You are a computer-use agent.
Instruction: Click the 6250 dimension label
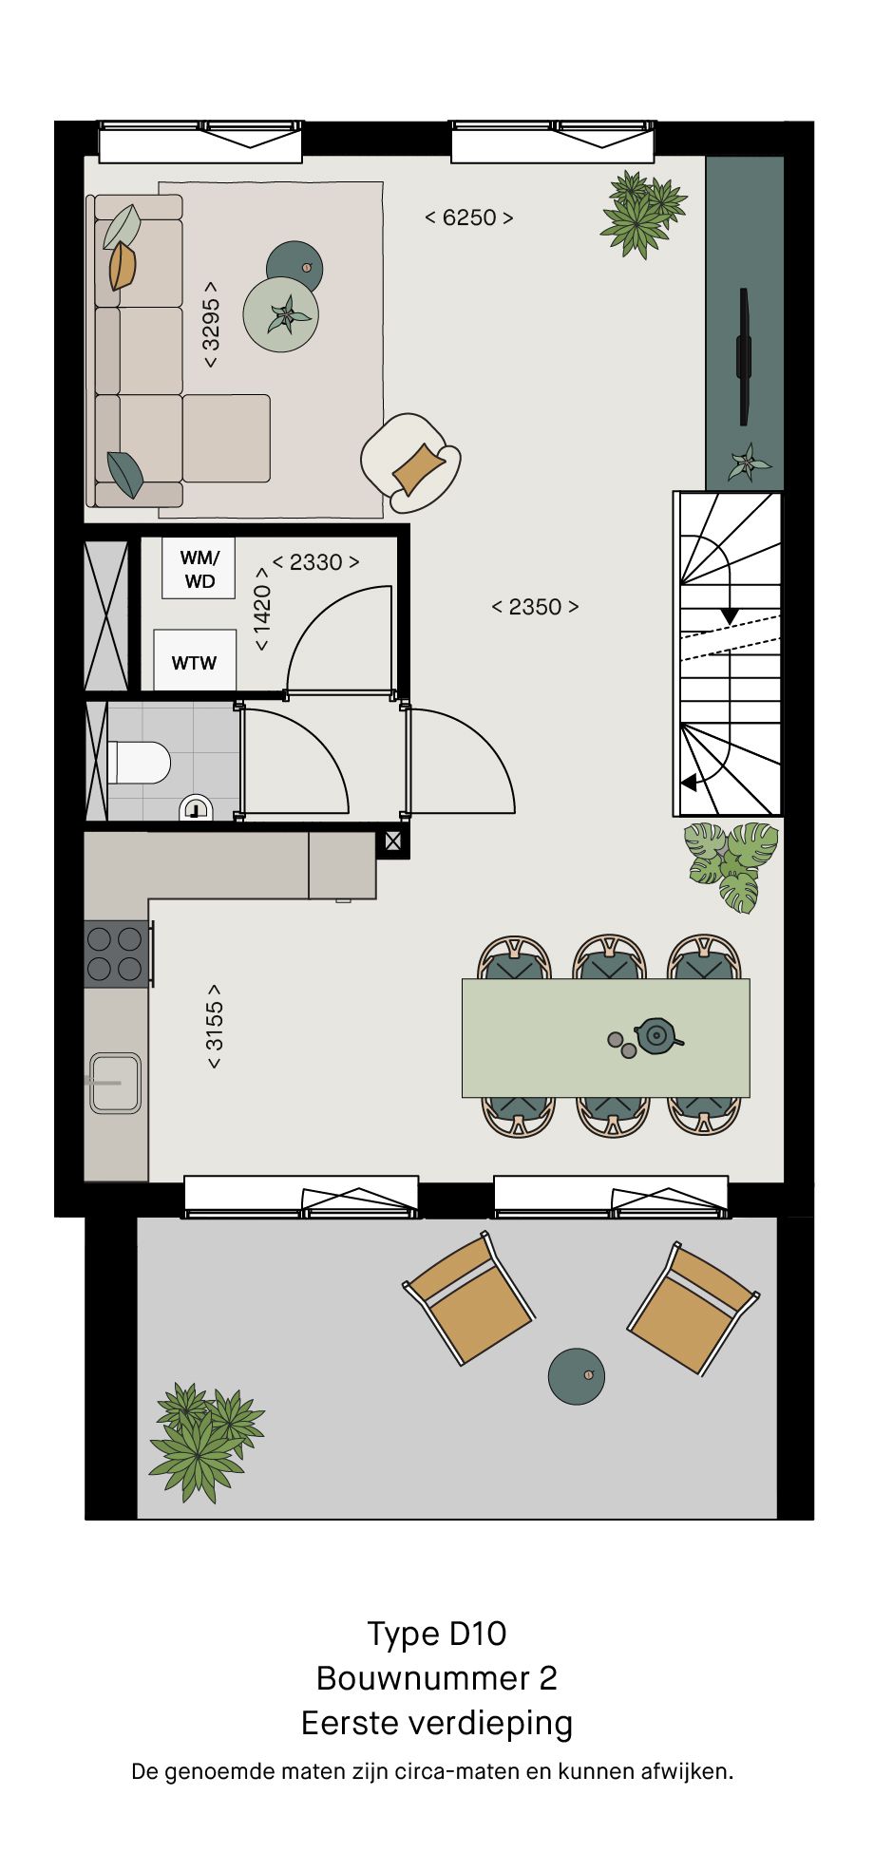pyautogui.click(x=469, y=217)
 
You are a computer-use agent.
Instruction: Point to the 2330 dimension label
pyautogui.click(x=316, y=562)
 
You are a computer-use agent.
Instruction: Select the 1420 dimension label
pyautogui.click(x=262, y=610)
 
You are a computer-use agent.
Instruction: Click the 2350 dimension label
pyautogui.click(x=535, y=607)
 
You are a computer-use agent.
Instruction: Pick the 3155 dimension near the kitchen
pyautogui.click(x=215, y=1026)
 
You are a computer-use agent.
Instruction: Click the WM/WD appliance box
pyautogui.click(x=199, y=568)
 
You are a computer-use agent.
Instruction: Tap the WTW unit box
pyautogui.click(x=195, y=660)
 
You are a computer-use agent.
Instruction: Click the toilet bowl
pyautogui.click(x=140, y=762)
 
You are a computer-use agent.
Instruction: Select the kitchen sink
pyautogui.click(x=115, y=1083)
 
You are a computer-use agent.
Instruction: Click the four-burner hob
pyautogui.click(x=117, y=954)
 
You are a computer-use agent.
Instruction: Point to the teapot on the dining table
pyautogui.click(x=655, y=1036)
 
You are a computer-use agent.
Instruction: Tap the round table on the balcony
pyautogui.click(x=577, y=1376)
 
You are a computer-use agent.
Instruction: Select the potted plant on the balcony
pyautogui.click(x=203, y=1442)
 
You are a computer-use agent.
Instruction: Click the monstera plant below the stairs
pyautogui.click(x=731, y=864)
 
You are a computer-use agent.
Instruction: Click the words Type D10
pyautogui.click(x=437, y=1635)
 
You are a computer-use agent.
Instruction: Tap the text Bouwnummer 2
pyautogui.click(x=437, y=1678)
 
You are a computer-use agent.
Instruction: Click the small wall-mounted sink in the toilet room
pyautogui.click(x=197, y=808)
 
